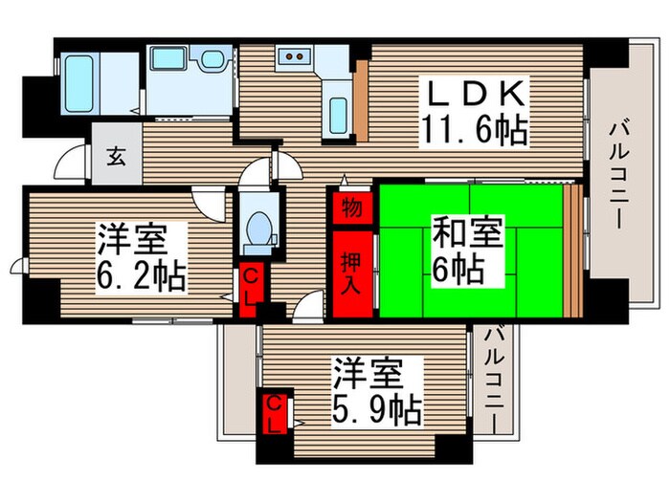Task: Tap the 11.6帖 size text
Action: (x=475, y=128)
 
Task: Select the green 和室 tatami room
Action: (x=471, y=251)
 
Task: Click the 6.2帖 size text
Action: (x=142, y=276)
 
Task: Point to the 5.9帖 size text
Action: (x=377, y=410)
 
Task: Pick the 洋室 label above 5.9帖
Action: (x=377, y=373)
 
